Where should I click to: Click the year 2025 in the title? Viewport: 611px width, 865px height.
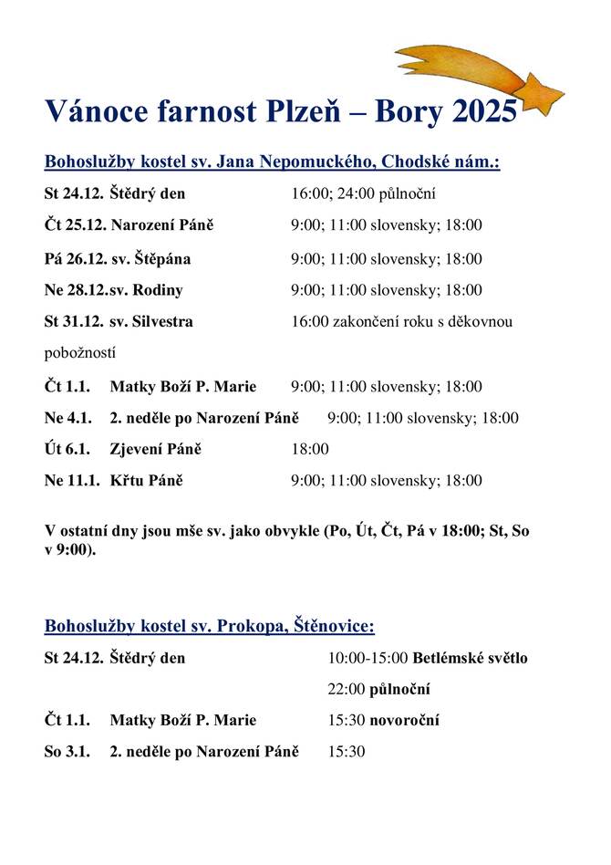click(x=485, y=112)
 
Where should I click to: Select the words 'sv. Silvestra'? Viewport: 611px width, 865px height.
click(x=151, y=322)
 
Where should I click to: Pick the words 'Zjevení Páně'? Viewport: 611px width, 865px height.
click(x=156, y=450)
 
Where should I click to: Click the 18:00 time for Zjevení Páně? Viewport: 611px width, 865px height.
click(x=310, y=450)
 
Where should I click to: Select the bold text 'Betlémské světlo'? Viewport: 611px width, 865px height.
click(x=471, y=658)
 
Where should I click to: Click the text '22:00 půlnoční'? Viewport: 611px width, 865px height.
click(x=379, y=689)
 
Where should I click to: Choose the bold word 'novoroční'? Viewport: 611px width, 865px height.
click(x=405, y=721)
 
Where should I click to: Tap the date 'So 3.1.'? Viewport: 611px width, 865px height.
click(x=67, y=752)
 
